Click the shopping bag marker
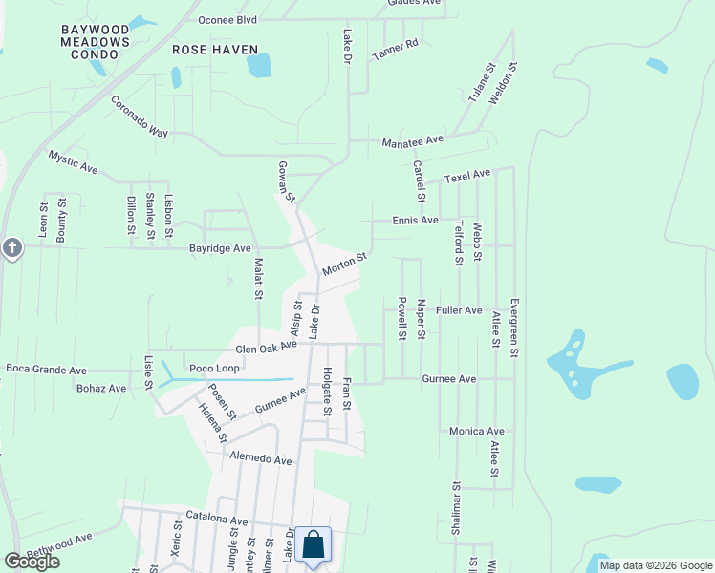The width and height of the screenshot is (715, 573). coord(313,546)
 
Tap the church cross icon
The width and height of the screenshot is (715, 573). coord(11,247)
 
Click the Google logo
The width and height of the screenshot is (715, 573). coord(32,562)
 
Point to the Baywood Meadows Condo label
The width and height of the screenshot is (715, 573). coord(95,42)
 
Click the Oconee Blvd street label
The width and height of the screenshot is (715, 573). coord(227,19)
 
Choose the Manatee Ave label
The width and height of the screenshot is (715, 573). coord(413,140)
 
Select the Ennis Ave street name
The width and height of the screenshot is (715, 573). coord(415,220)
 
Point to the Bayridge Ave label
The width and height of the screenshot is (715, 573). coord(219,248)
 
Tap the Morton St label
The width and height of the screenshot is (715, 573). coord(344,265)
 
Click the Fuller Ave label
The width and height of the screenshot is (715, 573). coord(459,310)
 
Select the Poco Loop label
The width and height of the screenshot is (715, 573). coord(214,369)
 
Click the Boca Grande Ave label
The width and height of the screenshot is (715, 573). coord(46,371)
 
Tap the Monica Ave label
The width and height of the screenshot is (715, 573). coord(476,432)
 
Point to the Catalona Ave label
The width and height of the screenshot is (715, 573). coord(217,521)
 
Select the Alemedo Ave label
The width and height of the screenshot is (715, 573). coord(260,459)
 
